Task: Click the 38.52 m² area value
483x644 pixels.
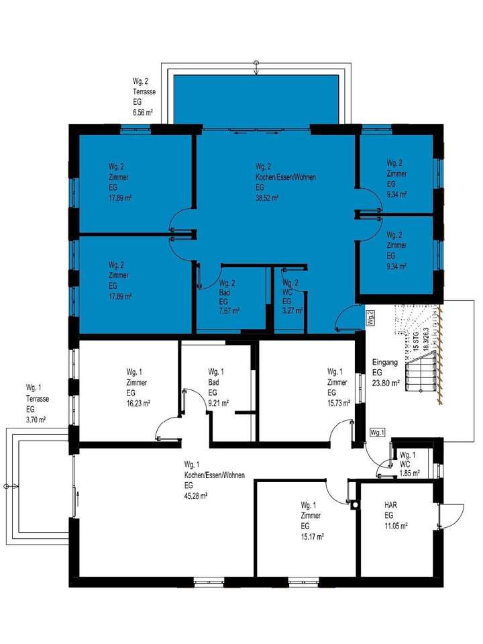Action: pos(267,198)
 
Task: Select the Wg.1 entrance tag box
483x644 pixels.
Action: pos(378,432)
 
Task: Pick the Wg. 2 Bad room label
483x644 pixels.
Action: pos(227,292)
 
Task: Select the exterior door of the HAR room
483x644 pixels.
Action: pos(443,518)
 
